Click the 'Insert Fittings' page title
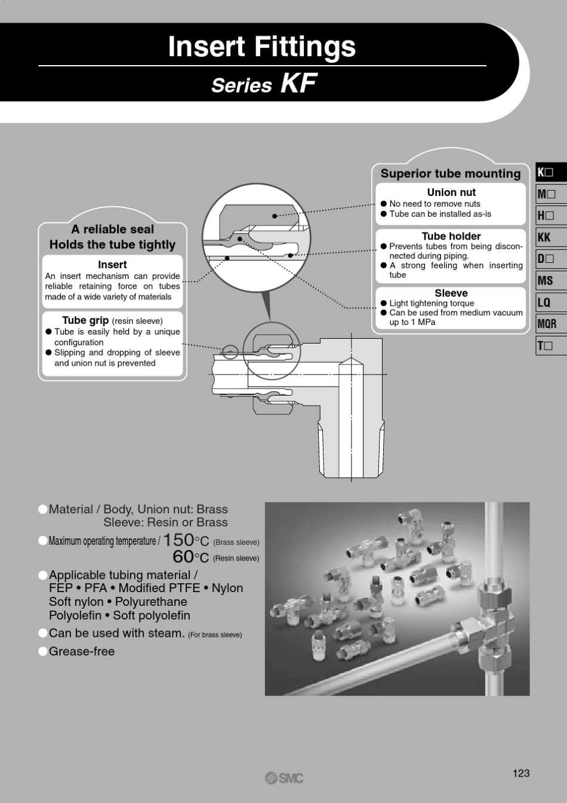click(x=262, y=47)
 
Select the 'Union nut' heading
click(x=451, y=192)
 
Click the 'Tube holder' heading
click(x=451, y=236)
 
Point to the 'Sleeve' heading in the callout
click(x=451, y=293)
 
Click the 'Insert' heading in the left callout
click(x=112, y=265)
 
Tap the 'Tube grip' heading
click(x=85, y=320)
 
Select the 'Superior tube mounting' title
click(x=451, y=173)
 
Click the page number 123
click(x=521, y=773)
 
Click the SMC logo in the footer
click(x=284, y=779)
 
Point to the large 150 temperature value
click(x=178, y=540)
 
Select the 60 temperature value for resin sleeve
click(x=183, y=557)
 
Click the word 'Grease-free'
click(x=82, y=651)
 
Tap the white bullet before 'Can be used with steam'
click(x=43, y=633)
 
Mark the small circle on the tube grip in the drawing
click(x=230, y=352)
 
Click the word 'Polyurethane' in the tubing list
click(x=151, y=602)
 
